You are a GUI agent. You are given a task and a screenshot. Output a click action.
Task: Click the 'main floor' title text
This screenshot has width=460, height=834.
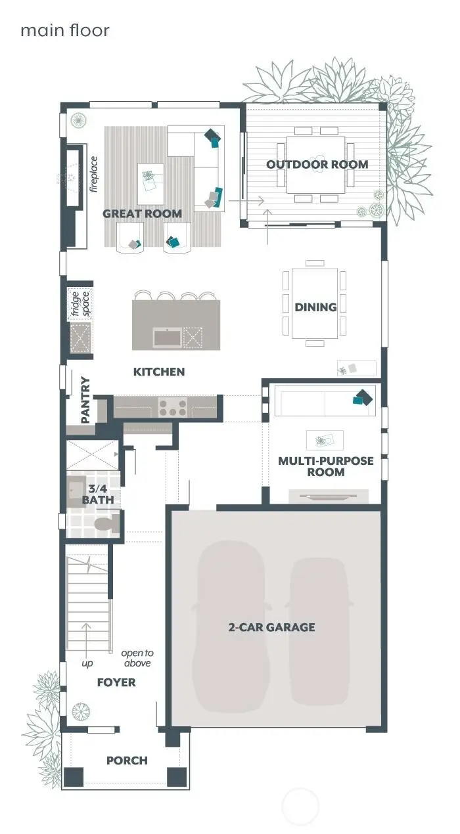click(64, 30)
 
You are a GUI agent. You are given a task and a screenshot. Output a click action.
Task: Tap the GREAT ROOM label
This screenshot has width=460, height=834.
click(142, 213)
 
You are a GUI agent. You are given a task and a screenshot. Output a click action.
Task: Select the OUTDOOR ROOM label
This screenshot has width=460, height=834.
click(317, 164)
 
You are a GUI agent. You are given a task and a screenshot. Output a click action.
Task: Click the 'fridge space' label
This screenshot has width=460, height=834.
click(80, 303)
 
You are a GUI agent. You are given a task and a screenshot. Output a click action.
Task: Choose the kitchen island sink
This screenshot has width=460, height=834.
click(168, 338)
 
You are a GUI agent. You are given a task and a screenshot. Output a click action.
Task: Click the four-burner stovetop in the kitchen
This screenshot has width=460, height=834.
click(172, 407)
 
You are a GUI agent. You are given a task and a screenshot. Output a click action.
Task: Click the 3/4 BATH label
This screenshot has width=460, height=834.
click(97, 494)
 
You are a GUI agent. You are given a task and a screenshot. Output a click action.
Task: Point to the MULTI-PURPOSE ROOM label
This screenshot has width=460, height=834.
click(325, 466)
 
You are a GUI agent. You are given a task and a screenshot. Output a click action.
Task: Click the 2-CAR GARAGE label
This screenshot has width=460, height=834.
click(271, 627)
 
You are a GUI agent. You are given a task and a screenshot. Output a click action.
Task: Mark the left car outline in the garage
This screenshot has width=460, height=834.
click(229, 624)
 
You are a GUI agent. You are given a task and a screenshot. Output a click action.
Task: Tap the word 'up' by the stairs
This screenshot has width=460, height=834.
click(87, 663)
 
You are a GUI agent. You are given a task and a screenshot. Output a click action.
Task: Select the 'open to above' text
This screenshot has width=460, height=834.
click(137, 658)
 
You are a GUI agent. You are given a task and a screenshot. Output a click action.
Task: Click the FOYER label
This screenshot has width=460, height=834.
click(116, 682)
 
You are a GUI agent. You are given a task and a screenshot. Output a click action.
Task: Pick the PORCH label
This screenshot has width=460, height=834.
click(127, 760)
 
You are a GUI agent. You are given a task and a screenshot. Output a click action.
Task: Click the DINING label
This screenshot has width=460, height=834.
click(315, 307)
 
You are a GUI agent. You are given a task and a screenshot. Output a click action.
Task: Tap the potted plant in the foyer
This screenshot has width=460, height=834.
click(81, 711)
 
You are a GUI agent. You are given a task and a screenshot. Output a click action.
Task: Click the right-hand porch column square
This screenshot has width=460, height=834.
click(177, 776)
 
